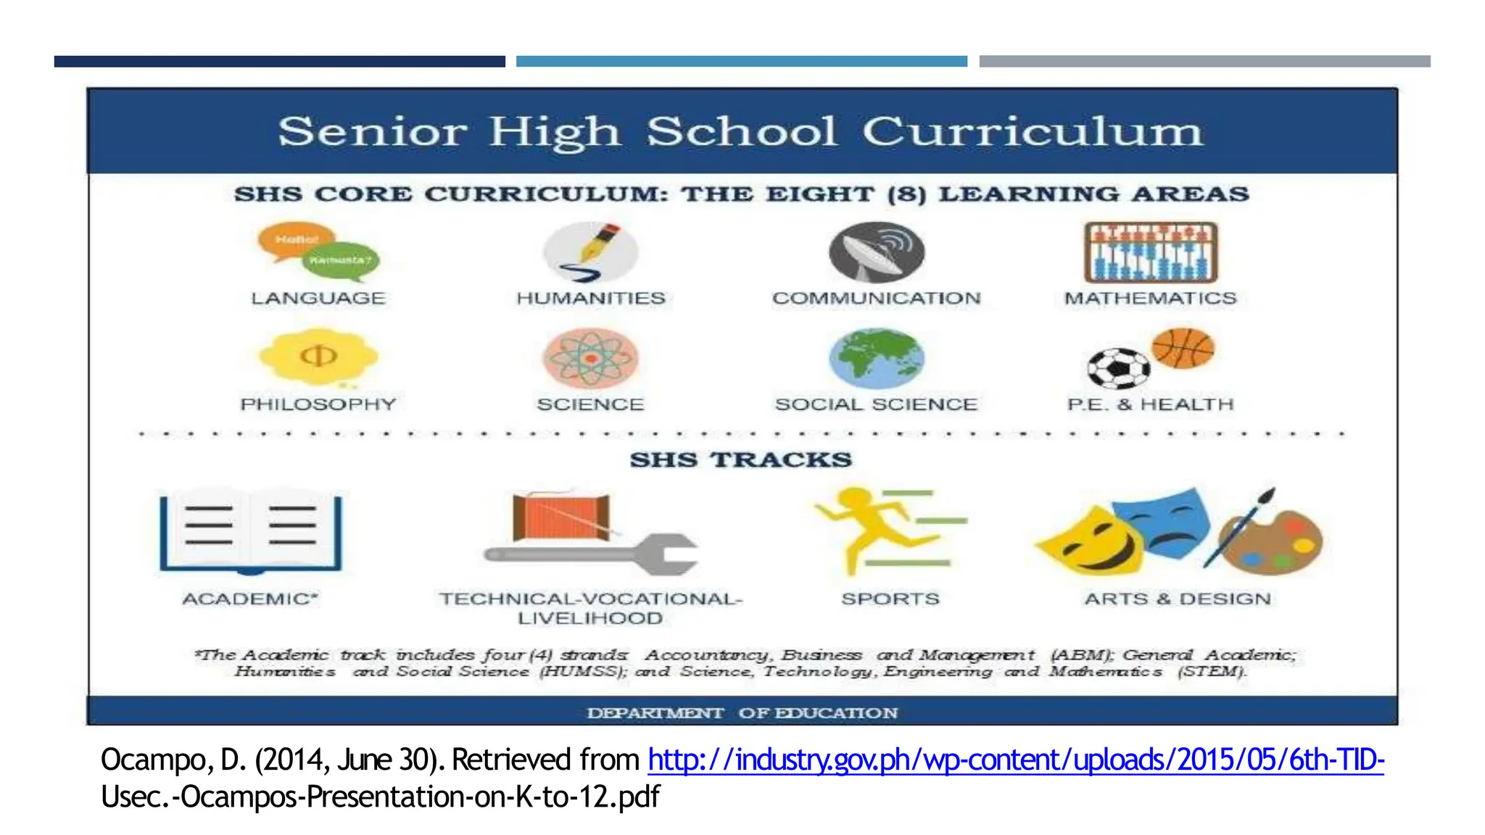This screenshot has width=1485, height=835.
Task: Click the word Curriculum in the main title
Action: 1032,133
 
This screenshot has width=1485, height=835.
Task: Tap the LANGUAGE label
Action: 318,298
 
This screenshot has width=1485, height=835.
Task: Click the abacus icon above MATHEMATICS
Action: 1151,252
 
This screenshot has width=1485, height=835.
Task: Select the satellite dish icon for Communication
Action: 877,252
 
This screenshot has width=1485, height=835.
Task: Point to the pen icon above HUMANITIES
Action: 591,252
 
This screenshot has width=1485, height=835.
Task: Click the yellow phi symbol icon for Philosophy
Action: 318,357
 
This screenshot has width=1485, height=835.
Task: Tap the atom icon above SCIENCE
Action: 591,357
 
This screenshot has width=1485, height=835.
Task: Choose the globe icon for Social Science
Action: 877,358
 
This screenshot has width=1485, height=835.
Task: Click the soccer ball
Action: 1118,368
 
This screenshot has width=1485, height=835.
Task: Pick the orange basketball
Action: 1183,348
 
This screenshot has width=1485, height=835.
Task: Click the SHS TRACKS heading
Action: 741,460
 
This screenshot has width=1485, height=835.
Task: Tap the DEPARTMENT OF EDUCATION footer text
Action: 742,713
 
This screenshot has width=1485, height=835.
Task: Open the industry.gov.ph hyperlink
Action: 1015,760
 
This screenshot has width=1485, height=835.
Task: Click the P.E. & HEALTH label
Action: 1150,404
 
